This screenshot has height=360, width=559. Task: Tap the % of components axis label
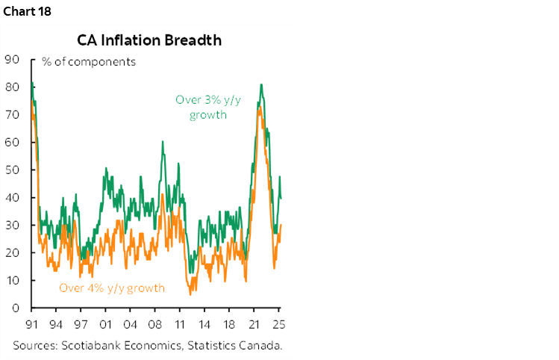tap(89, 62)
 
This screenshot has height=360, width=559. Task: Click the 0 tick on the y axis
tap(14, 308)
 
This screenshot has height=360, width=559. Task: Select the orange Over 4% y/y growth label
tap(111, 288)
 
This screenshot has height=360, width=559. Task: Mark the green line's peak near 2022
tap(261, 84)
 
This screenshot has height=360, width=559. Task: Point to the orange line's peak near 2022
tap(259, 109)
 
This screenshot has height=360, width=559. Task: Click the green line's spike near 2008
tap(163, 141)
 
